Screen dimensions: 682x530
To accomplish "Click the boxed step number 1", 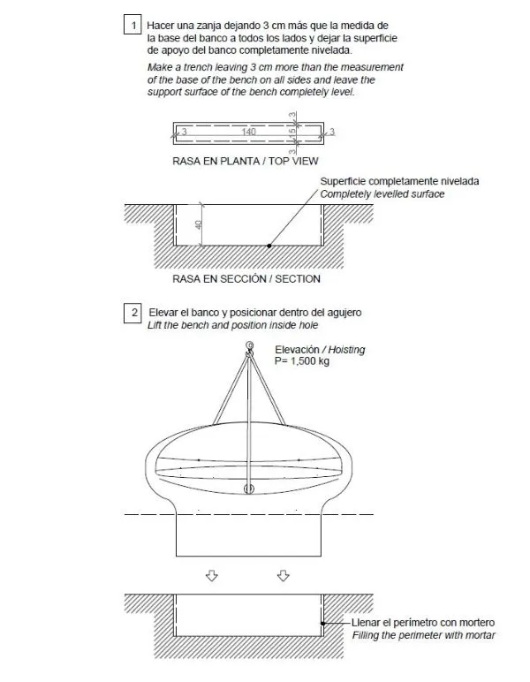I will (x=132, y=26).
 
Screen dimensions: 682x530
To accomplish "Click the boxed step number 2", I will (x=132, y=312).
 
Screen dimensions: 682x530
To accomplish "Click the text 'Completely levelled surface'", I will (x=382, y=193).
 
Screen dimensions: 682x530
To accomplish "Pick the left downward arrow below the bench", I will (x=211, y=576).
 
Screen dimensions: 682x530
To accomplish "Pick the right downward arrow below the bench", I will (x=283, y=576).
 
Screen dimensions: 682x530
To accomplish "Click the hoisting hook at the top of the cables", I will (x=249, y=355).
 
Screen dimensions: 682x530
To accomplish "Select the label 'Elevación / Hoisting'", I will (x=319, y=350).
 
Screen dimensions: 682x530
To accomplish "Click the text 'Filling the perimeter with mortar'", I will (x=422, y=635).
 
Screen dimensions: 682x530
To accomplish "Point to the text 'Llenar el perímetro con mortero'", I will (x=422, y=623).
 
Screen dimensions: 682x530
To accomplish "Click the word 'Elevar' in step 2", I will (x=166, y=313).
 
